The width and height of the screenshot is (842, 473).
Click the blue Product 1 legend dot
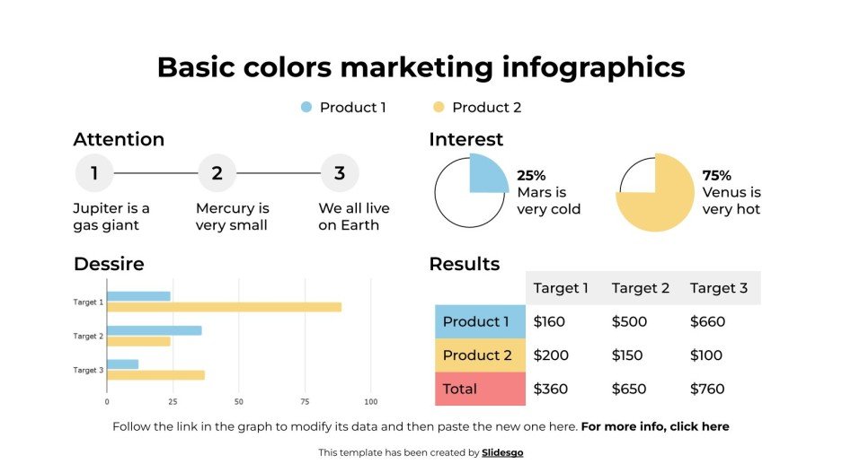click(x=306, y=108)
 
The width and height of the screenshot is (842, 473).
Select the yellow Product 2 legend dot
click(x=439, y=108)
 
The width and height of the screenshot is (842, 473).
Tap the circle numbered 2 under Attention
click(x=217, y=173)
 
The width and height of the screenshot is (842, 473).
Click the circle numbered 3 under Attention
click(x=340, y=173)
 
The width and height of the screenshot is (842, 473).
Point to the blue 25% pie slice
click(x=487, y=174)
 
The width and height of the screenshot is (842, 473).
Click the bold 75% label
click(x=716, y=175)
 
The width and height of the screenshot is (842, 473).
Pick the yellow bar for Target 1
click(x=224, y=307)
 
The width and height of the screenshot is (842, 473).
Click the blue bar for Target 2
click(x=155, y=330)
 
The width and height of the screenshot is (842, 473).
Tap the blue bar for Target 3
click(x=123, y=364)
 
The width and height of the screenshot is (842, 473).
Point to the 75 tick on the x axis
click(x=305, y=401)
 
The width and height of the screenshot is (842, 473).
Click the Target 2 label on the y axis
click(x=88, y=337)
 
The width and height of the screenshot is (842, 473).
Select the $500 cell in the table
click(x=631, y=321)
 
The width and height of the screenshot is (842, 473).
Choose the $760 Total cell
click(x=707, y=389)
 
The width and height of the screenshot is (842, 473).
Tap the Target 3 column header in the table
click(x=719, y=288)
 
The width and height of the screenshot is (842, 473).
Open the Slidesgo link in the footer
click(x=502, y=452)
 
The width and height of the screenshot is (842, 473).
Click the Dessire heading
click(x=109, y=264)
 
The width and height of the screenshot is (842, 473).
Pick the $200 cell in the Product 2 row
click(x=551, y=355)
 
